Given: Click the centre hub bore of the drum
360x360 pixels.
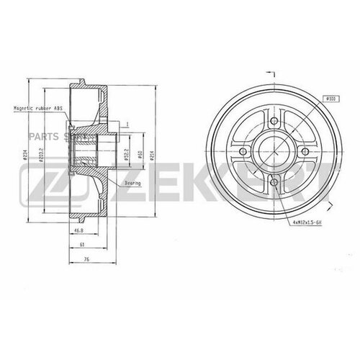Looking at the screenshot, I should (x=274, y=153).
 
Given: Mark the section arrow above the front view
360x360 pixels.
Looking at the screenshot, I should (x=271, y=73).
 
